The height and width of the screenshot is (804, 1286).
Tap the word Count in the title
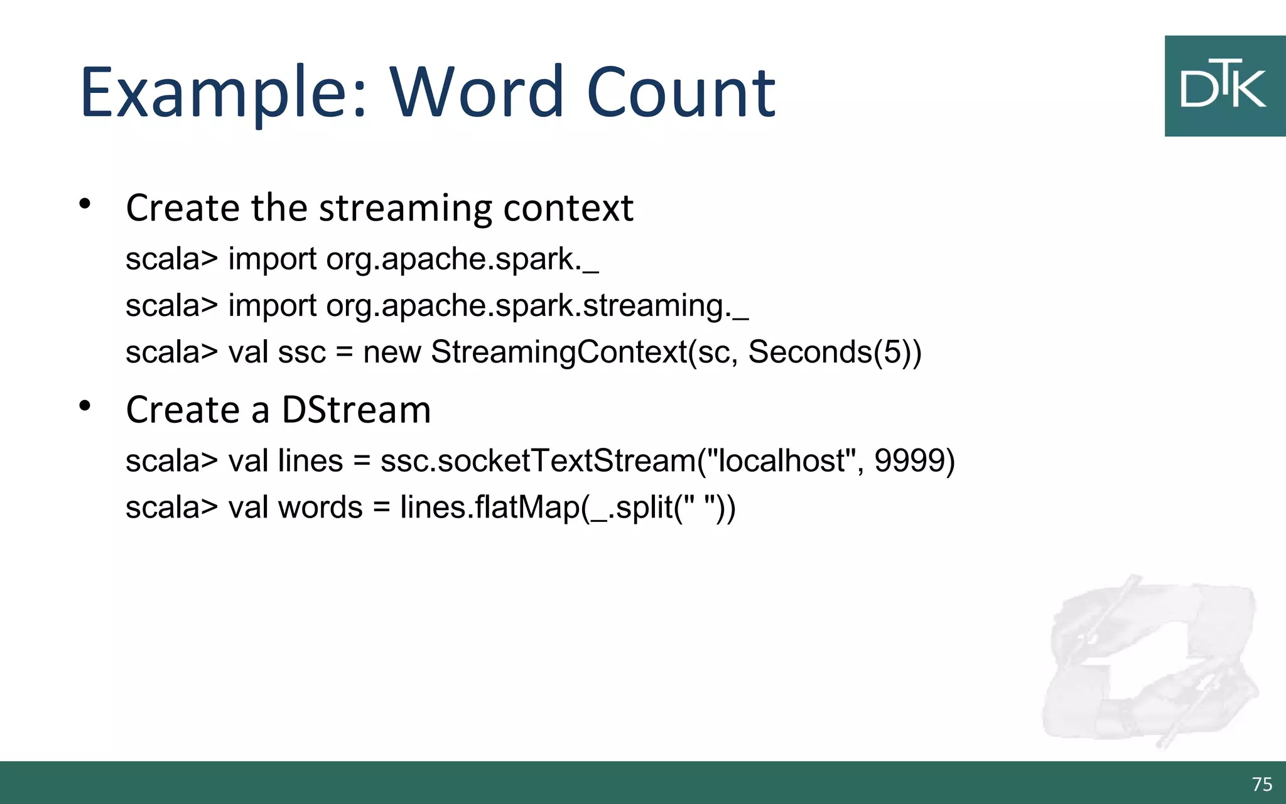tap(681, 93)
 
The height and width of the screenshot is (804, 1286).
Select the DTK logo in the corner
tap(1224, 86)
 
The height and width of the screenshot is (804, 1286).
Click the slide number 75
tap(1262, 784)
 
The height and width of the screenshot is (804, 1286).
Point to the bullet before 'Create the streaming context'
tap(85, 204)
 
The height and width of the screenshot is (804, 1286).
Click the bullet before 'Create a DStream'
tap(85, 406)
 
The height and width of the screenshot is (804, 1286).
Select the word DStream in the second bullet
tap(356, 410)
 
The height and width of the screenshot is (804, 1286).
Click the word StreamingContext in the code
tap(559, 352)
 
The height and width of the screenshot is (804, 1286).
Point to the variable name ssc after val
tap(302, 352)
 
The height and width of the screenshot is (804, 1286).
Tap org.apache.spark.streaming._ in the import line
tap(537, 306)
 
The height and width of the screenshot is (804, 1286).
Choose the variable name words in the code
tap(320, 507)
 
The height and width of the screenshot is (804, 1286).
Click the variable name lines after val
tap(310, 460)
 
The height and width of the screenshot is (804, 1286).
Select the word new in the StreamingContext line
tap(392, 352)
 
